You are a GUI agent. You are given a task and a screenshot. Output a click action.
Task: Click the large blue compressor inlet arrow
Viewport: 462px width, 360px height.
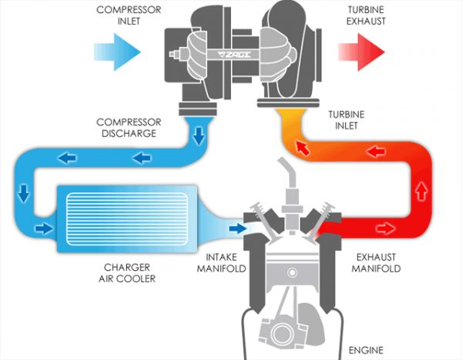(116, 52)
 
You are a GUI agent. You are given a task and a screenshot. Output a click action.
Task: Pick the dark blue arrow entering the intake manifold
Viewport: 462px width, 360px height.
(236, 228)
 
